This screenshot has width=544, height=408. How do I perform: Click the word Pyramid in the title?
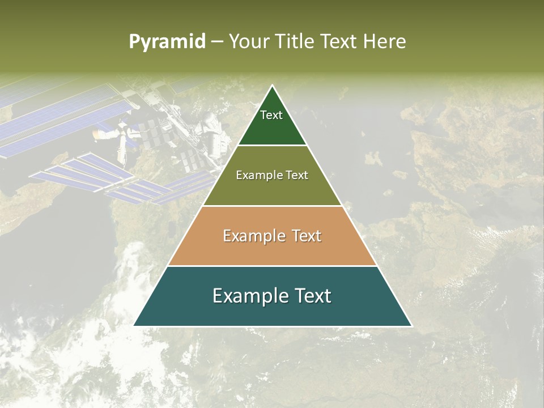167,42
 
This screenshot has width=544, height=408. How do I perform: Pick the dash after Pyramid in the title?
216,42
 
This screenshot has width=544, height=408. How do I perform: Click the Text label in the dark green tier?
271,115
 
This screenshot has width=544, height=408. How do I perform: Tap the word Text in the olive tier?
296,175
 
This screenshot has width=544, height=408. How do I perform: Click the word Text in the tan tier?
306,236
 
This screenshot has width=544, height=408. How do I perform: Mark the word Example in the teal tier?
248,296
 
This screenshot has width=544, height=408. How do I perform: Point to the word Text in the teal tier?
311,296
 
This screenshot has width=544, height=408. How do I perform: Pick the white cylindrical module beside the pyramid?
213,133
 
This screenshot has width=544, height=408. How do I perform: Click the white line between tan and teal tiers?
273,266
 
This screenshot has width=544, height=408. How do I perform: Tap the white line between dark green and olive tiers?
273,145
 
